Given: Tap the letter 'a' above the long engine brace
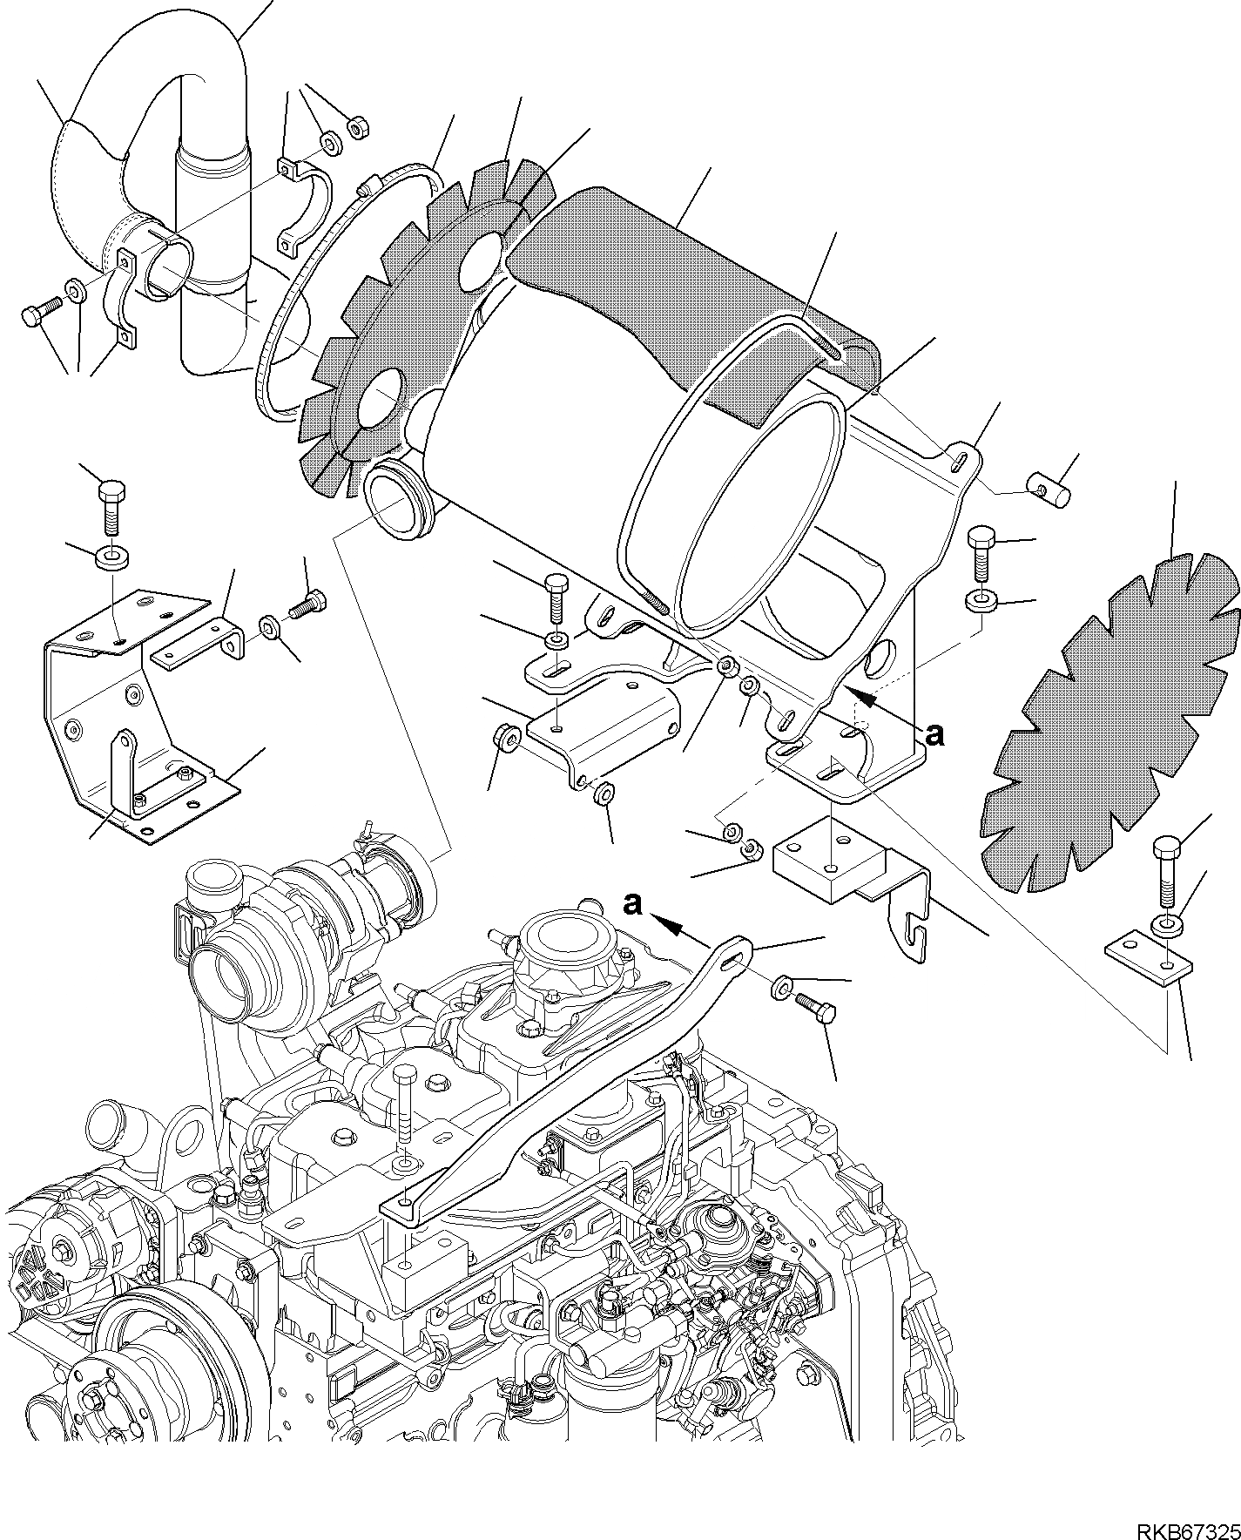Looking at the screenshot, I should [x=633, y=904].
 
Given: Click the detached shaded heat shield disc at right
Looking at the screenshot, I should [x=1111, y=723].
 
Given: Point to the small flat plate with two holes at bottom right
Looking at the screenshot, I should [x=1148, y=956].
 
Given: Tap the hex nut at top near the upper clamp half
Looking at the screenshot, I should [x=357, y=128].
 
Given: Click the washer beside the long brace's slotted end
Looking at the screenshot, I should [x=780, y=987].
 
